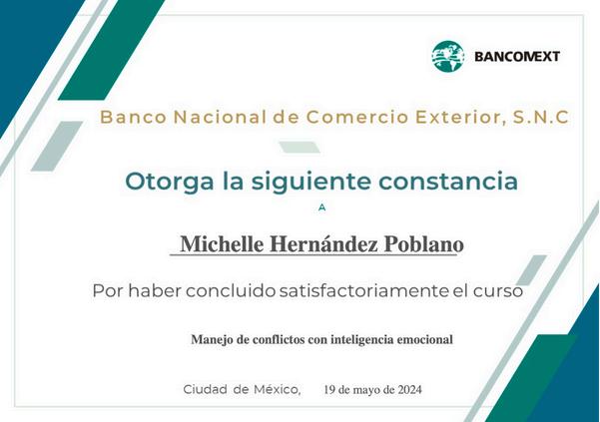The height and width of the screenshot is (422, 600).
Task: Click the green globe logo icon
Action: click(448, 56)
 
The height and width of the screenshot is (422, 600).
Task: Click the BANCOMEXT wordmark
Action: click(517, 57)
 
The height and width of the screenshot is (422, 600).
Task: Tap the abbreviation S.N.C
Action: click(541, 117)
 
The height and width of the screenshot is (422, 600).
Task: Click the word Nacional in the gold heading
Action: click(220, 117)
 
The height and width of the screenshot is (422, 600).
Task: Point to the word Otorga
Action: click(169, 182)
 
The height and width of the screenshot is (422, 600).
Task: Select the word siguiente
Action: click(310, 183)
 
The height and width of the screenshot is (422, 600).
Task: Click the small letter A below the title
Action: click(322, 208)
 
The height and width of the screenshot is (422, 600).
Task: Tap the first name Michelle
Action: click(222, 243)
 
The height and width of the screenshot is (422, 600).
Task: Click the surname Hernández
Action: click(323, 243)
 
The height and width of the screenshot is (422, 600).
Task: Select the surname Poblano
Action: click(424, 243)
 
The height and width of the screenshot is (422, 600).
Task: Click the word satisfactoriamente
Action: click(363, 291)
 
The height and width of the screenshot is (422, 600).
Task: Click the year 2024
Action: click(410, 390)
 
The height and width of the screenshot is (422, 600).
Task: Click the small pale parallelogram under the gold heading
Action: click(300, 148)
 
